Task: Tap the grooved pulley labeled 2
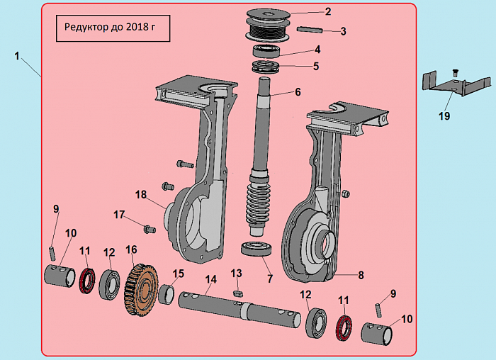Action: point(266,26)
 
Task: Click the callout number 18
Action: point(141,194)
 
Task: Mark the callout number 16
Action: point(130,249)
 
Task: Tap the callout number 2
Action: point(327,11)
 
